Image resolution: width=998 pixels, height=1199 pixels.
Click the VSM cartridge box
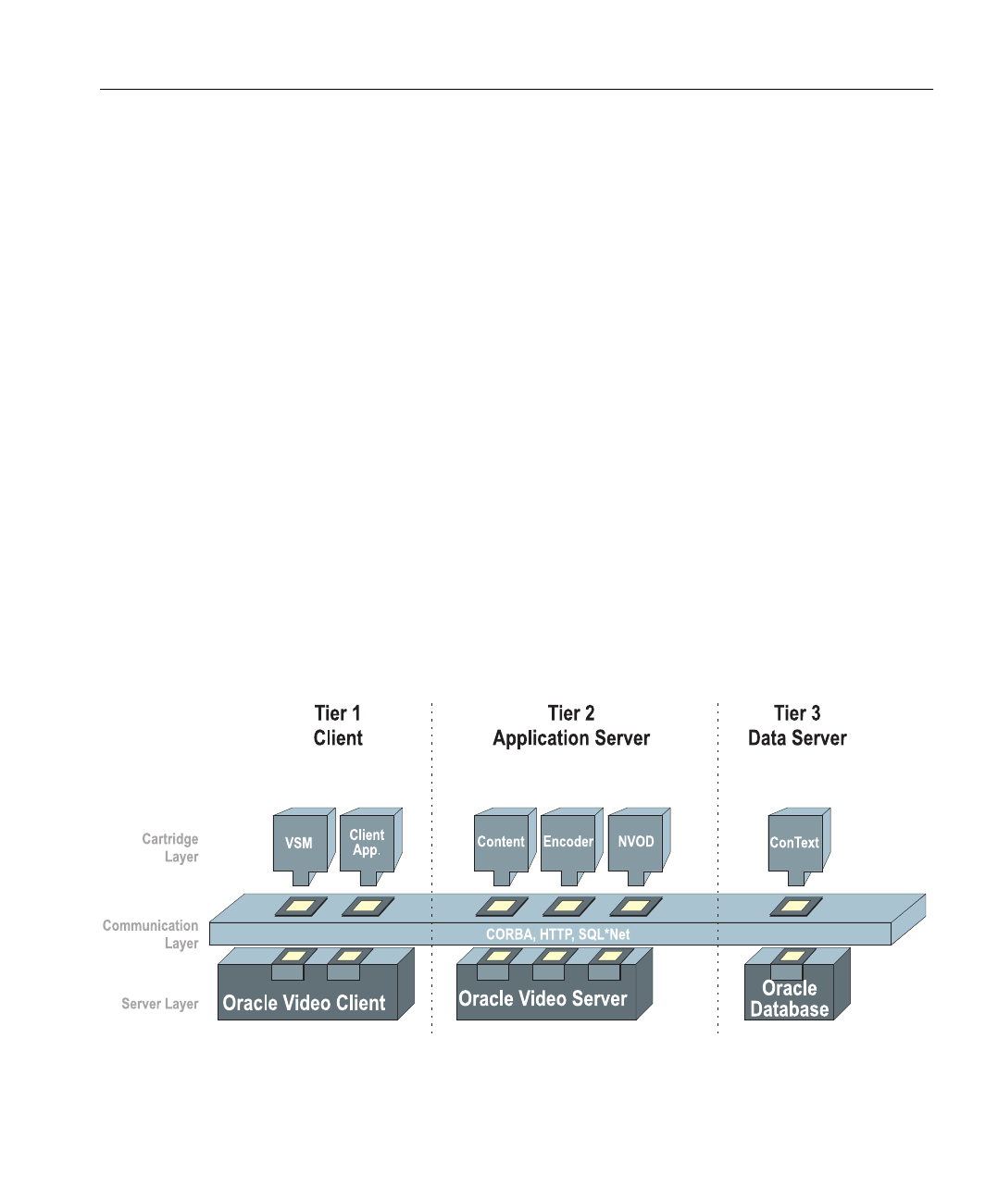click(x=300, y=843)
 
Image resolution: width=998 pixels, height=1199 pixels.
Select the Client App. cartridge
click(x=367, y=842)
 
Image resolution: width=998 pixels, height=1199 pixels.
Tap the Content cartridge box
click(x=501, y=842)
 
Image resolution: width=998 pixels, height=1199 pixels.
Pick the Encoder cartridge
click(x=568, y=842)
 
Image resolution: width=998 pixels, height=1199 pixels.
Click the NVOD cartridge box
click(x=635, y=842)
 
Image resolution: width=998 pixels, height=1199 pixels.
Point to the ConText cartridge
click(x=794, y=842)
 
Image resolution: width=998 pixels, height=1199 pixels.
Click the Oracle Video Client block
click(x=305, y=1002)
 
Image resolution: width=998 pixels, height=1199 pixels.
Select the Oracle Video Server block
click(x=543, y=999)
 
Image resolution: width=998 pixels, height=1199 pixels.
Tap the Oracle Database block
click(x=790, y=999)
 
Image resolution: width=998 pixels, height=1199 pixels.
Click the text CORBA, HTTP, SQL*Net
click(x=557, y=934)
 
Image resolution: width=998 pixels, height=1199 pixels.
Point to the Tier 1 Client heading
click(x=338, y=725)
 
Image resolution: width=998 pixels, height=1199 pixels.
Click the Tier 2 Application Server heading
click(x=571, y=725)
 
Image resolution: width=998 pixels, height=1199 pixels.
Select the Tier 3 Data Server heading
click(x=797, y=725)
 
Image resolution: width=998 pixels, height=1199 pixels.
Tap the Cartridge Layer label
click(x=170, y=847)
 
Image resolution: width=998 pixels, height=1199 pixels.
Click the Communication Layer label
click(x=151, y=934)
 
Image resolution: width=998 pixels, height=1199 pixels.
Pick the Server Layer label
click(x=160, y=1004)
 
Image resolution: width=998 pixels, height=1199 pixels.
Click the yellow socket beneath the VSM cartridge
click(x=301, y=907)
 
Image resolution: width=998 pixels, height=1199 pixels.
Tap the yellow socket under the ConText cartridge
click(x=796, y=907)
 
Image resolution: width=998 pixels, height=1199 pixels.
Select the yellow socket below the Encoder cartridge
click(x=568, y=907)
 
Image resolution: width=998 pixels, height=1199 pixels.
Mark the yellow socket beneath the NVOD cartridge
click(x=635, y=907)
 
